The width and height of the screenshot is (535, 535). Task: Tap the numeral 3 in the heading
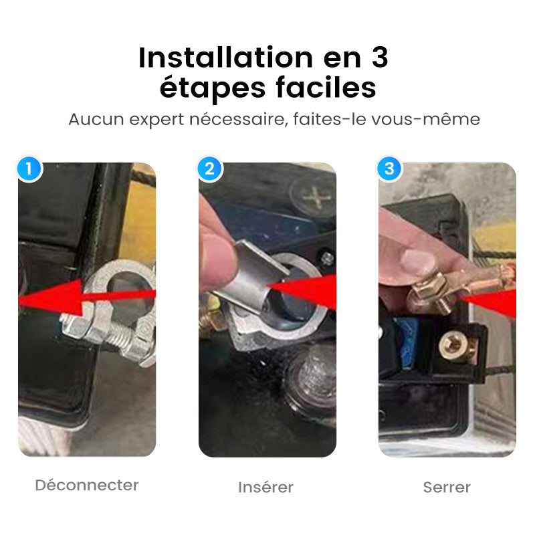pyautogui.click(x=380, y=58)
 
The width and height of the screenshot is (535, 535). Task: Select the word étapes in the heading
pyautogui.click(x=213, y=89)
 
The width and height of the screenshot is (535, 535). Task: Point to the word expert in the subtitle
pyautogui.click(x=156, y=120)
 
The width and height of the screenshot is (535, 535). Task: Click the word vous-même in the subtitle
pyautogui.click(x=425, y=120)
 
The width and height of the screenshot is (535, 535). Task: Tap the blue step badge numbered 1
pyautogui.click(x=29, y=169)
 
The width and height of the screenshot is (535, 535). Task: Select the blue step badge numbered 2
pyautogui.click(x=210, y=169)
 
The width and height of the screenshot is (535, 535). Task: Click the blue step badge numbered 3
pyautogui.click(x=390, y=169)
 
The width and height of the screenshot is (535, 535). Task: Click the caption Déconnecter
pyautogui.click(x=87, y=485)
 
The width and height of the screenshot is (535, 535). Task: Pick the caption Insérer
pyautogui.click(x=265, y=487)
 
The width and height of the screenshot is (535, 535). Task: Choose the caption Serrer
pyautogui.click(x=447, y=488)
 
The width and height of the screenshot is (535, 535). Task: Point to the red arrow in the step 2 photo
pyautogui.click(x=302, y=291)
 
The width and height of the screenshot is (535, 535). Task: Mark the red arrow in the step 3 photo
pyautogui.click(x=489, y=302)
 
